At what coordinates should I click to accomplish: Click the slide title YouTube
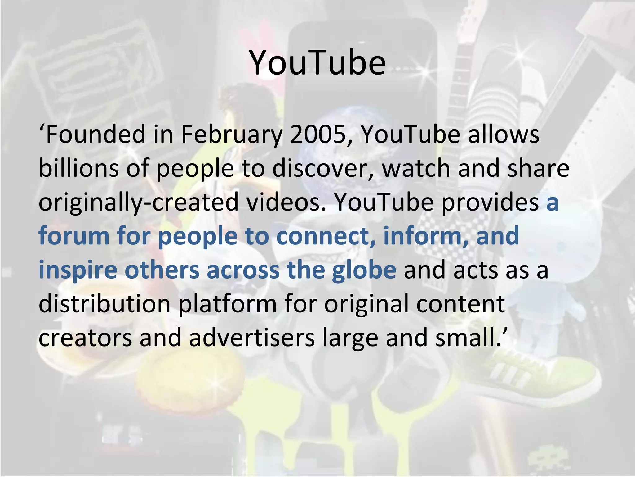[317, 63]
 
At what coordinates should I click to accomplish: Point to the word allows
[504, 134]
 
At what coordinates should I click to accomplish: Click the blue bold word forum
[74, 236]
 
